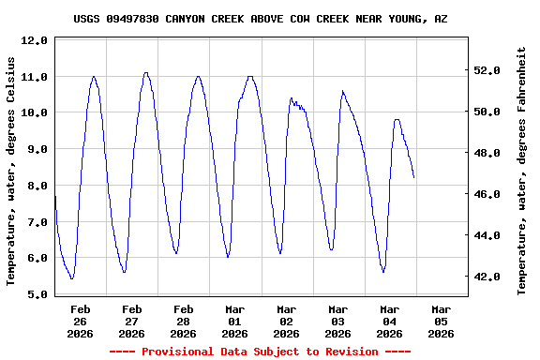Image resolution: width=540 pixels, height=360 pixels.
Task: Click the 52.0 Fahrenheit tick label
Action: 492,70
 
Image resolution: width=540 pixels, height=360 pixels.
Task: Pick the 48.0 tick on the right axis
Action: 492,153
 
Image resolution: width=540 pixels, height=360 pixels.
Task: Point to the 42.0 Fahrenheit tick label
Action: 492,277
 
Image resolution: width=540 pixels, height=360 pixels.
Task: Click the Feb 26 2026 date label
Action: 81,321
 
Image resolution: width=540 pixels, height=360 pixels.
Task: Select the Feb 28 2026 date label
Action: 183,321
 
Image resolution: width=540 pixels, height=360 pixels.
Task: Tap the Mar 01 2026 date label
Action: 234,321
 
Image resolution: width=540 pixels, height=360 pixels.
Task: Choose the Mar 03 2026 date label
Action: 337,321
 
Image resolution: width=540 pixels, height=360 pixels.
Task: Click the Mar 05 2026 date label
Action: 441,321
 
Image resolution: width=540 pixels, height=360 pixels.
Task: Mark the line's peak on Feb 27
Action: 145,72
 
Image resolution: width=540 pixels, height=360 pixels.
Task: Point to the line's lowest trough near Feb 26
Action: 72,278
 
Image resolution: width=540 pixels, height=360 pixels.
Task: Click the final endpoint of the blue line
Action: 413,177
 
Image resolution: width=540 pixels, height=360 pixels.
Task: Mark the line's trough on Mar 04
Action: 382,272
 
